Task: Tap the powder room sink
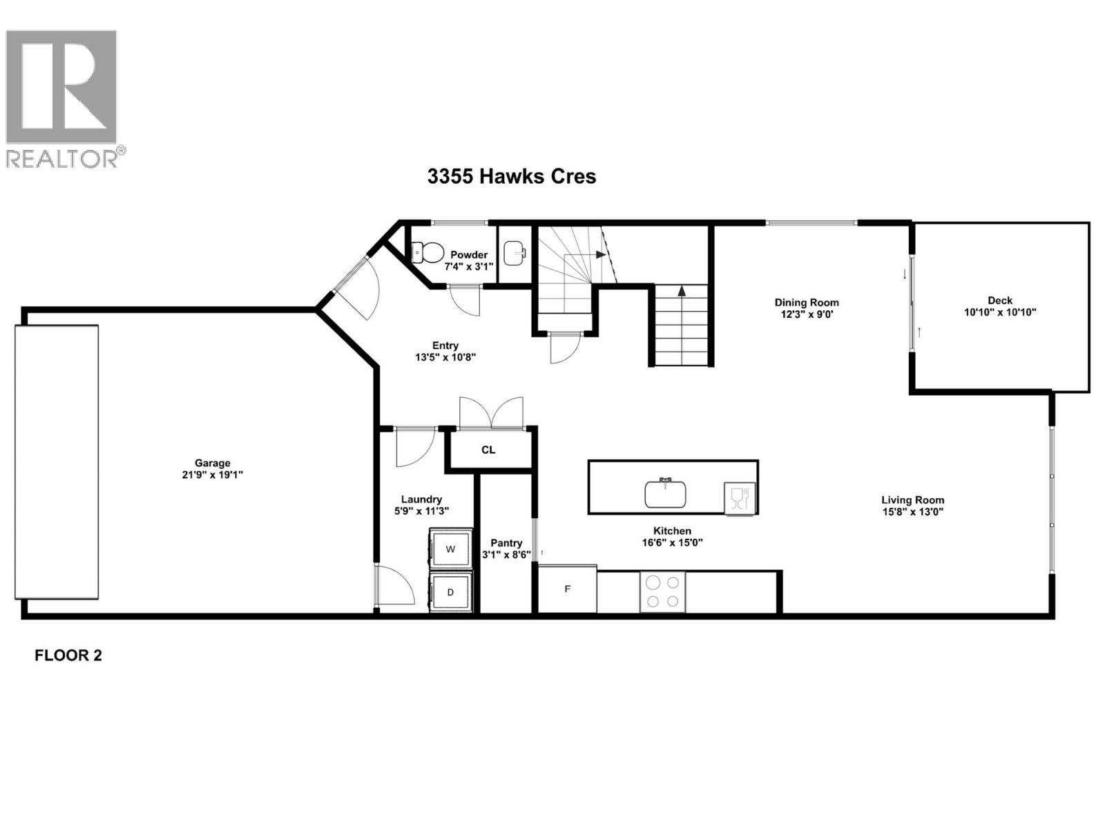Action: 514,253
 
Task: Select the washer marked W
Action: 450,550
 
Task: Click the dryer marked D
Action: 450,592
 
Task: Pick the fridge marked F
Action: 567,589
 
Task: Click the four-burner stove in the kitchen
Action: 662,592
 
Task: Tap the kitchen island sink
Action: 665,493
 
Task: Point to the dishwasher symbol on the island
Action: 739,497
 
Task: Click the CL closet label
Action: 488,450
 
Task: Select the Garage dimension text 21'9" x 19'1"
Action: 212,475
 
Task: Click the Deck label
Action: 999,300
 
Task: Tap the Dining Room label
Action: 806,302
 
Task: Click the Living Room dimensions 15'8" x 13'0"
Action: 912,512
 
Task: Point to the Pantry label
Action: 506,543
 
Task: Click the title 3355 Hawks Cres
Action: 511,176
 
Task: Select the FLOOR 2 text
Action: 68,656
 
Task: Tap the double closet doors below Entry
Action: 491,413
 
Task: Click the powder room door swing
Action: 464,300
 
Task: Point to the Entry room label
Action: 445,345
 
